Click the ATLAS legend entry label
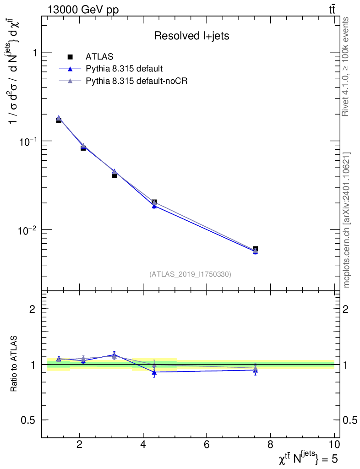(x=99, y=57)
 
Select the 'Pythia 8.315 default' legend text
(x=124, y=69)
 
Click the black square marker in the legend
(x=71, y=57)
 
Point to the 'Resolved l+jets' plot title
(x=191, y=36)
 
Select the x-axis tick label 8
(x=271, y=445)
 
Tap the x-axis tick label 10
(x=334, y=445)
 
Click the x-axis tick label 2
(x=80, y=445)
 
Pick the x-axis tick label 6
(x=207, y=445)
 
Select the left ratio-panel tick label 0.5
(x=29, y=420)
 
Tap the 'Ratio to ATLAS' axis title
(x=14, y=364)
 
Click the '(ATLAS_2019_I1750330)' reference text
(x=190, y=274)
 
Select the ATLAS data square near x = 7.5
(x=255, y=249)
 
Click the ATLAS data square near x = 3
(x=114, y=175)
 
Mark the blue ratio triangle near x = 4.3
(x=154, y=372)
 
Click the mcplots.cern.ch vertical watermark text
(x=347, y=220)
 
